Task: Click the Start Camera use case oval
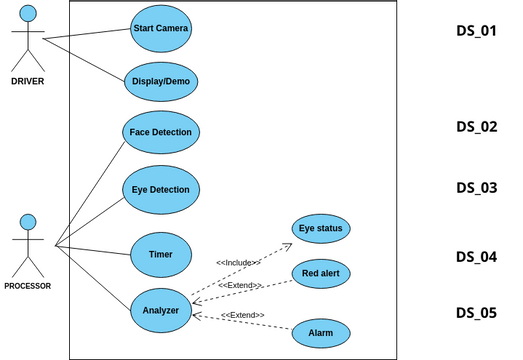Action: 161,28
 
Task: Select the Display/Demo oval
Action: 161,81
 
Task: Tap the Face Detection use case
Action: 161,132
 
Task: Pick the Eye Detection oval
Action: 161,189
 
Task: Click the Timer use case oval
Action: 161,254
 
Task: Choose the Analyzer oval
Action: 161,310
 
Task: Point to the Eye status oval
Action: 321,229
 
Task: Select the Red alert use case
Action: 321,272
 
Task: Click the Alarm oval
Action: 321,331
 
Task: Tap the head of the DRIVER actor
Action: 28,13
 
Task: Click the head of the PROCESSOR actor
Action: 28,221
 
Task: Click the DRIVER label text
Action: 27,81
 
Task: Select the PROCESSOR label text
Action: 27,286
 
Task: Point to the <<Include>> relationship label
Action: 239,262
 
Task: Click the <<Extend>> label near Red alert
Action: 240,285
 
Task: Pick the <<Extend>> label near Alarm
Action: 242,315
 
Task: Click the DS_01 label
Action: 476,31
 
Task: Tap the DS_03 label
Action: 476,187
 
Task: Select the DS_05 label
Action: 476,313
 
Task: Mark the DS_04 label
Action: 476,257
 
